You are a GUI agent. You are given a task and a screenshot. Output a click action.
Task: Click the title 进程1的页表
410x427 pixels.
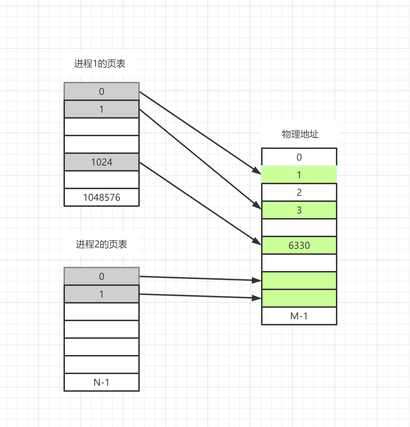click(100, 64)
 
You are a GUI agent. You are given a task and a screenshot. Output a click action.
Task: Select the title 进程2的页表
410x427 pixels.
click(102, 244)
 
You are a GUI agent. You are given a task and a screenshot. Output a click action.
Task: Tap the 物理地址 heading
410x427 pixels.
click(300, 134)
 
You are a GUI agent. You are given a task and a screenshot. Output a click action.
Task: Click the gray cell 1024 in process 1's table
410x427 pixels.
click(102, 162)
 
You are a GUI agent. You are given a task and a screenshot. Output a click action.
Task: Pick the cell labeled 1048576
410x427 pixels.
click(102, 197)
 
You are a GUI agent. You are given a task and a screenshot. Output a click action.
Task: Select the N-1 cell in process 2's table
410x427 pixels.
click(102, 382)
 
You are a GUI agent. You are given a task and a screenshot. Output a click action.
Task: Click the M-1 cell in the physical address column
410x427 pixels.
click(299, 316)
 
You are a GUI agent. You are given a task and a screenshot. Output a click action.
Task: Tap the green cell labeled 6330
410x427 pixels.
click(299, 245)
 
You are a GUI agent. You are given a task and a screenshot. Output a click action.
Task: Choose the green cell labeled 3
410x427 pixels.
click(299, 210)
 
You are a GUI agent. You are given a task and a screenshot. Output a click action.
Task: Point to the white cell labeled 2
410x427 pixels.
click(299, 192)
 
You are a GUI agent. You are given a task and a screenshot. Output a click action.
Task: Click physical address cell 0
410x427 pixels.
click(299, 157)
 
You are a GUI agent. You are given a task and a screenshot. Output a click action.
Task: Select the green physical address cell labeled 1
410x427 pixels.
click(299, 175)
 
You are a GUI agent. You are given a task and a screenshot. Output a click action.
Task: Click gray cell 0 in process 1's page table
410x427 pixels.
click(102, 91)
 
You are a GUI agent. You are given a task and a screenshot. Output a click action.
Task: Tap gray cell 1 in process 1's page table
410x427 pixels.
click(102, 109)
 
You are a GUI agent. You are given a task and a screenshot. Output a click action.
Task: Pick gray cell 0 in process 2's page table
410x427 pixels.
click(102, 276)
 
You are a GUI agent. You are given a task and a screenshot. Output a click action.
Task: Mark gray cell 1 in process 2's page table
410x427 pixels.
click(102, 294)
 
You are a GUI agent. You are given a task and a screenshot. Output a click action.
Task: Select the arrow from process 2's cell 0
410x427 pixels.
click(200, 278)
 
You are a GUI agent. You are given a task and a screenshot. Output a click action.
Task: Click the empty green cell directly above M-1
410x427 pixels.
click(299, 298)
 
